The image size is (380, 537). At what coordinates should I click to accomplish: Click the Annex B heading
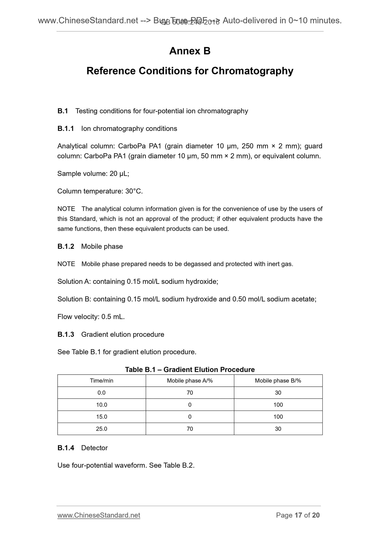tap(190, 51)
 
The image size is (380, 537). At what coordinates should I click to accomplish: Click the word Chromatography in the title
tap(252, 71)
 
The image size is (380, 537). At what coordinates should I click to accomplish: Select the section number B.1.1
tap(66, 128)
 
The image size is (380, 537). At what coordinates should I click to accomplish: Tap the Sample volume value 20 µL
tap(119, 174)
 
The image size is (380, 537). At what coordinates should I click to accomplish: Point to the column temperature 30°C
tap(134, 191)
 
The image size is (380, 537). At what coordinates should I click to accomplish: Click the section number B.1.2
tap(66, 246)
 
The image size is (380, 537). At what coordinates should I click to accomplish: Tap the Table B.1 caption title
tap(190, 370)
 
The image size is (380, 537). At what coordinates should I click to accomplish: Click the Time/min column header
tap(102, 381)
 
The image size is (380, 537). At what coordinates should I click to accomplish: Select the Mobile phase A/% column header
tap(190, 381)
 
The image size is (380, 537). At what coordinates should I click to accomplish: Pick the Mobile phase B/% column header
tap(278, 381)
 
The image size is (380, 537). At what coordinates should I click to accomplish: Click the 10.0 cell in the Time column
tap(102, 405)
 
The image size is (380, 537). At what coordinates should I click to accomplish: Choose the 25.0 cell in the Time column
tap(102, 429)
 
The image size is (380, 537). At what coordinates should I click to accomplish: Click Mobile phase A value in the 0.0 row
tap(190, 393)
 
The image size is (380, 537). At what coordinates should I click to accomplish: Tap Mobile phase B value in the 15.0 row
tap(278, 417)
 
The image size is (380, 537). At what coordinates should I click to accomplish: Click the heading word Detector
tap(94, 448)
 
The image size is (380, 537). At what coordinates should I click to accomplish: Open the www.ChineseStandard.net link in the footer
tap(99, 515)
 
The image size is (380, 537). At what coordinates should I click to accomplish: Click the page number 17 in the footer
tap(298, 515)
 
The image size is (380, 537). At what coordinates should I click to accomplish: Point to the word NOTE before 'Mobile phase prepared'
tap(66, 264)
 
